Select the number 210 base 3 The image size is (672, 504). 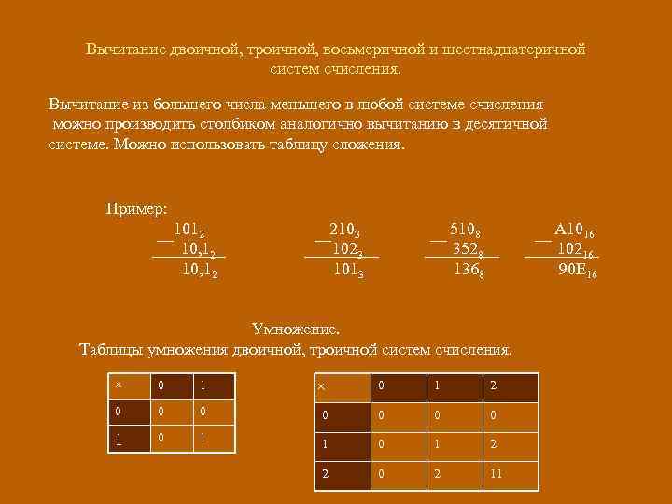344,230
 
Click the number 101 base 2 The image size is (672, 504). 189,230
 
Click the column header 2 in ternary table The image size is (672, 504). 492,385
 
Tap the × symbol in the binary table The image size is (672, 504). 118,385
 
